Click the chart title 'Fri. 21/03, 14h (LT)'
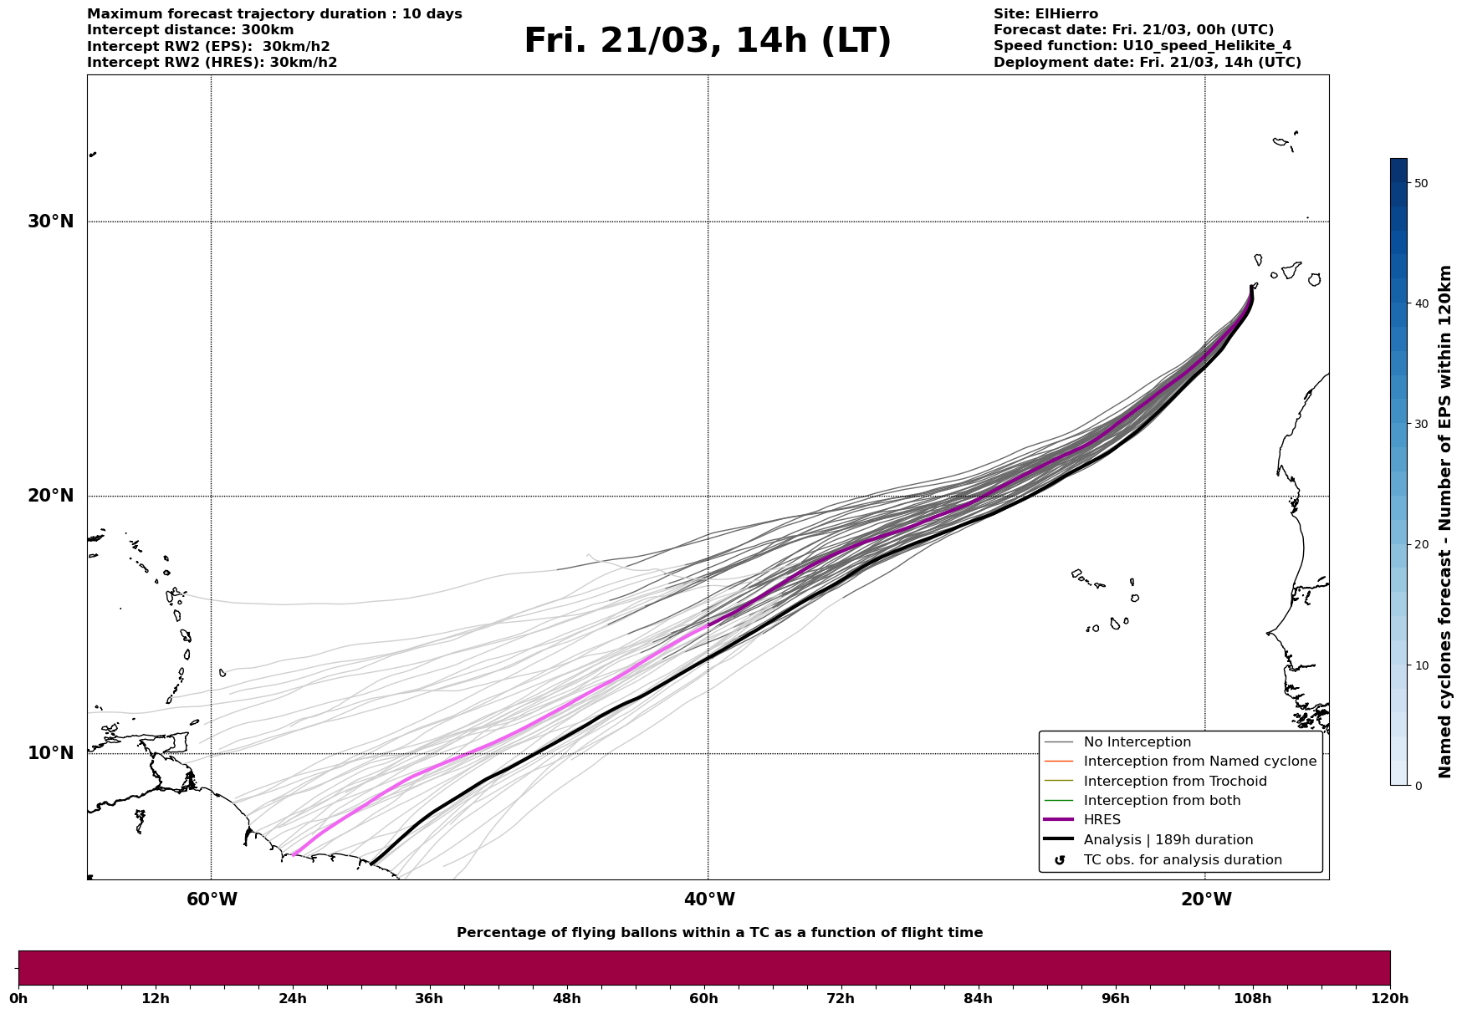tap(708, 41)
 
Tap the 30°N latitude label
tap(50, 222)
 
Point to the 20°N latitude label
tap(50, 496)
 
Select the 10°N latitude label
tap(50, 753)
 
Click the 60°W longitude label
tap(212, 899)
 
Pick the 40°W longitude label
tap(709, 899)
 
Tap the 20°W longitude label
tap(1206, 899)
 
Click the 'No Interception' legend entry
tap(1137, 742)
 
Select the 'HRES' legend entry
tap(1102, 820)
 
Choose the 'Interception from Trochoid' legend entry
tap(1174, 782)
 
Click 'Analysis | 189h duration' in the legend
tap(1168, 840)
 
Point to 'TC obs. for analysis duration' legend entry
tap(1182, 860)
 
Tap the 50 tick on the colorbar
tap(1420, 183)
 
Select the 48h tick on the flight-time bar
tap(566, 998)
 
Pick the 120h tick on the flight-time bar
tap(1389, 998)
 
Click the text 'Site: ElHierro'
tap(1045, 14)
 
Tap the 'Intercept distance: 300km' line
tap(190, 30)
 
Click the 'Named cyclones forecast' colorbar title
tap(1445, 522)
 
